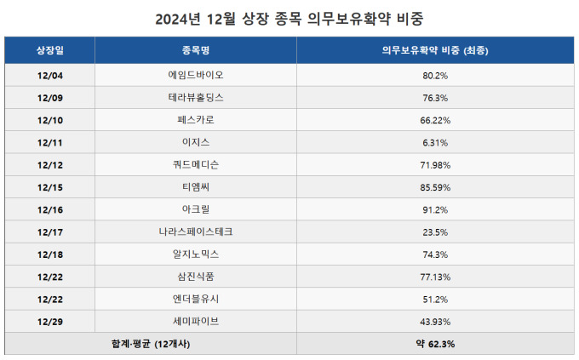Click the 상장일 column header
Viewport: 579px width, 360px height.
pos(50,50)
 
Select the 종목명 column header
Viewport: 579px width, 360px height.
pos(196,50)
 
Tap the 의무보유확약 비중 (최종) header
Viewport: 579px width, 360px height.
pos(435,50)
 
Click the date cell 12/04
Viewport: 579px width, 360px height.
pos(50,76)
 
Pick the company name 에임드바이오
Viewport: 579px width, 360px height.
pos(196,76)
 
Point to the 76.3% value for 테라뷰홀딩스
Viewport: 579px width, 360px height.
pos(435,98)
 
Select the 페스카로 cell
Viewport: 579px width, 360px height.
pos(196,120)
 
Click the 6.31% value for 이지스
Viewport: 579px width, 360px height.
pos(435,142)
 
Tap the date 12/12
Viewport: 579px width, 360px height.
pos(50,164)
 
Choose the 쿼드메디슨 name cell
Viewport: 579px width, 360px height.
pos(196,164)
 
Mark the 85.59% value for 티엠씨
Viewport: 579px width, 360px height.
pos(435,186)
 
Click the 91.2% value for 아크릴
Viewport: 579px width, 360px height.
pos(435,209)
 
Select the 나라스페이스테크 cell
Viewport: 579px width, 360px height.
pos(196,231)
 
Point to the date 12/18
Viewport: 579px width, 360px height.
pos(50,254)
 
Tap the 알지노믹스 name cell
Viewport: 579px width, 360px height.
pos(196,254)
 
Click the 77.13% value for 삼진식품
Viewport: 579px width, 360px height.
pos(435,276)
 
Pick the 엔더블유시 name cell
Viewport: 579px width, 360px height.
pos(196,299)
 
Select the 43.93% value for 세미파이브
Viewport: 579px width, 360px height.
pos(435,321)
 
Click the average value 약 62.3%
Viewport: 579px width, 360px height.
pos(435,344)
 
